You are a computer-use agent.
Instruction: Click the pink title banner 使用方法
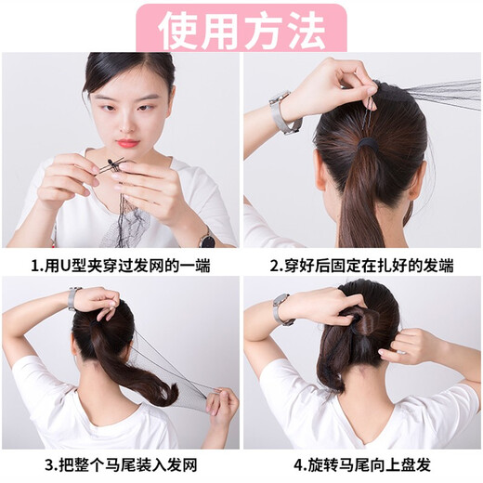coord(241,28)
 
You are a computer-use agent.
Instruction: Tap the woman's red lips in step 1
coord(126,143)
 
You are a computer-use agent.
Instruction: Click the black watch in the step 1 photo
coord(207,238)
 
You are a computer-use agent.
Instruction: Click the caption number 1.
coord(34,266)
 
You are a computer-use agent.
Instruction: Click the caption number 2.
coord(274,266)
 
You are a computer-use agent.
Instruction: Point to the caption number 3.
coord(34,463)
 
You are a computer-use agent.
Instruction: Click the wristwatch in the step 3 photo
coord(72,298)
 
